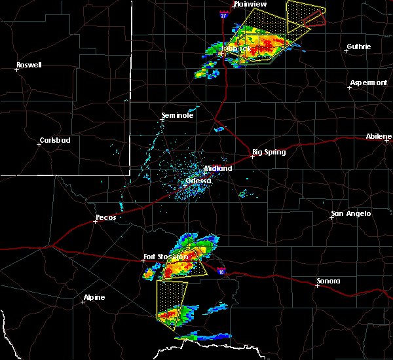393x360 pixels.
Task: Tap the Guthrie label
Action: pyautogui.click(x=359, y=46)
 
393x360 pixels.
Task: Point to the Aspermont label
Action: pyautogui.click(x=368, y=82)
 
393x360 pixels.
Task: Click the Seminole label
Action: pyautogui.click(x=178, y=116)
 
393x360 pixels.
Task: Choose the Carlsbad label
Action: pyautogui.click(x=54, y=140)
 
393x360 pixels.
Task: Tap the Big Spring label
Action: pyautogui.click(x=269, y=153)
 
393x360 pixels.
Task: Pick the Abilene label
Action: pyautogui.click(x=379, y=137)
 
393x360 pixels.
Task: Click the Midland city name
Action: pyautogui.click(x=218, y=168)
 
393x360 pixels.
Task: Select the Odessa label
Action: pyautogui.click(x=198, y=181)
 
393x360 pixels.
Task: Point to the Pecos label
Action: pyautogui.click(x=105, y=217)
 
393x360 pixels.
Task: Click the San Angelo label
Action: pyautogui.click(x=350, y=213)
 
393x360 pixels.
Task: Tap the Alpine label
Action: pyautogui.click(x=94, y=298)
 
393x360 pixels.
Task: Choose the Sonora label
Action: pyautogui.click(x=328, y=281)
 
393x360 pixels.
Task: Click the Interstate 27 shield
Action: pyautogui.click(x=224, y=14)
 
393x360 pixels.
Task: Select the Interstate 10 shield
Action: pyautogui.click(x=222, y=272)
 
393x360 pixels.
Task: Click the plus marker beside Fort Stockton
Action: pyautogui.click(x=145, y=261)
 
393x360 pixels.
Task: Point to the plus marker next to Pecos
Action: pyautogui.click(x=96, y=221)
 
